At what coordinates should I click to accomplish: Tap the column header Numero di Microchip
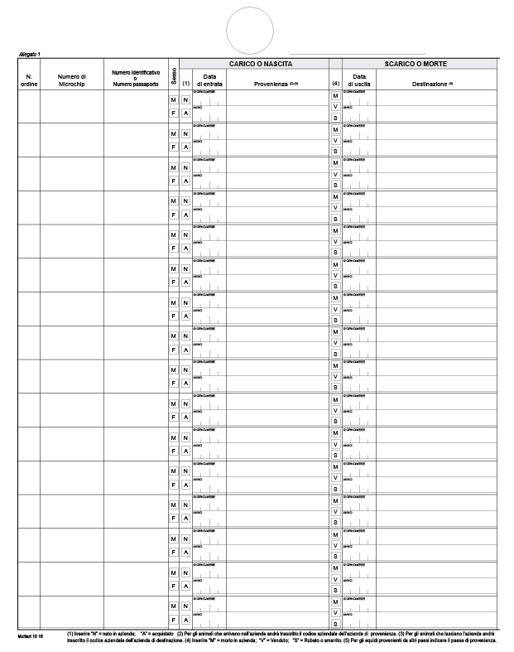click(72, 80)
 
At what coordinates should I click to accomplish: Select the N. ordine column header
click(28, 80)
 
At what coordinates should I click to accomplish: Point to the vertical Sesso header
click(174, 74)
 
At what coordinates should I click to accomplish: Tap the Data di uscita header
click(359, 80)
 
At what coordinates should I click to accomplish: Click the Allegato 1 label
click(30, 54)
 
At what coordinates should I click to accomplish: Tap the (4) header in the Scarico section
click(335, 84)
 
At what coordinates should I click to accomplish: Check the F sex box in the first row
click(174, 113)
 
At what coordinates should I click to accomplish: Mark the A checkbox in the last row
click(186, 620)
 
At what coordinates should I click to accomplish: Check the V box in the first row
click(335, 107)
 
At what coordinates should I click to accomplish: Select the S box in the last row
click(335, 624)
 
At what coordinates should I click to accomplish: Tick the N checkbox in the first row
click(186, 100)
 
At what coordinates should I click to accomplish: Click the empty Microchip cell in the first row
click(72, 106)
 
